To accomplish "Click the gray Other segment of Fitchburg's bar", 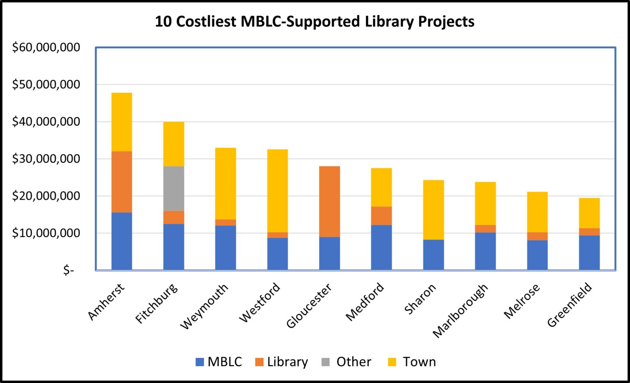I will [x=173, y=188].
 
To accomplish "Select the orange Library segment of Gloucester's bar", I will [x=329, y=202].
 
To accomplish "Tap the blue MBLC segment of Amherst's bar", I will [x=122, y=241].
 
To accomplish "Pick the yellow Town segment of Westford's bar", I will [x=277, y=191].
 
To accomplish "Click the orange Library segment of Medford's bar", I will [x=381, y=216].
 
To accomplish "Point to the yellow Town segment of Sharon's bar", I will [x=434, y=210].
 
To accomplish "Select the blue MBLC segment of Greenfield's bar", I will [x=589, y=252].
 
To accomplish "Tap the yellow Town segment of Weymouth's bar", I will [x=226, y=184].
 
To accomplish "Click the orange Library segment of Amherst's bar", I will [x=122, y=182].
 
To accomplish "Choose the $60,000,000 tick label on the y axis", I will [x=46, y=48].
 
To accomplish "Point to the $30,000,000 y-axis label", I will [x=46, y=159].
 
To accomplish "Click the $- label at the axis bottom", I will [x=68, y=270].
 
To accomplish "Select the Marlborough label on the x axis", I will [x=461, y=310].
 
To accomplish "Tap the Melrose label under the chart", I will [x=522, y=301].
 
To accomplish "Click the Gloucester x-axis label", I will [x=309, y=306].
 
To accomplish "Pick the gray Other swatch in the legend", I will [x=326, y=362].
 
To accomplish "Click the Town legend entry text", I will [x=419, y=362].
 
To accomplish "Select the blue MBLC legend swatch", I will [x=200, y=362].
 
